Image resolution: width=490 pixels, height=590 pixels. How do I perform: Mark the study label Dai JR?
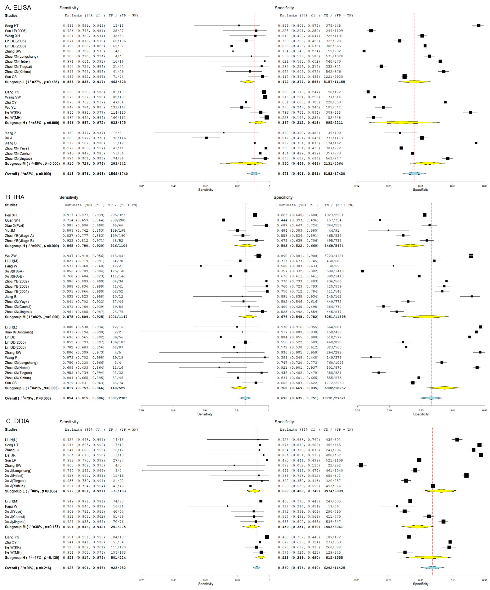tap(10, 455)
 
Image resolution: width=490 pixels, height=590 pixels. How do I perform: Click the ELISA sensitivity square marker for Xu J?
tap(206, 138)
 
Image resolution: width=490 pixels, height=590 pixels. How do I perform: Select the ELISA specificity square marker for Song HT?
tap(478, 26)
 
